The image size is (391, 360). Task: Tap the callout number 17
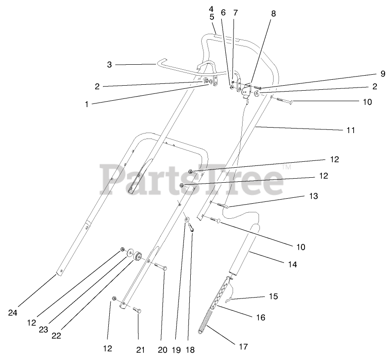coord(243,347)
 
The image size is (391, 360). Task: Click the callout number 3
coord(109,65)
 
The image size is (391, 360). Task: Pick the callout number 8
coord(273,14)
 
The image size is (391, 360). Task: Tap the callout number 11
coord(350,130)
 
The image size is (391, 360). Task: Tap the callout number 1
coord(86,104)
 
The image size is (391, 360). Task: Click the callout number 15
coord(273,296)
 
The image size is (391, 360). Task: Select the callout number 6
coord(223,13)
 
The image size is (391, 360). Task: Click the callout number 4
coord(211,9)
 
